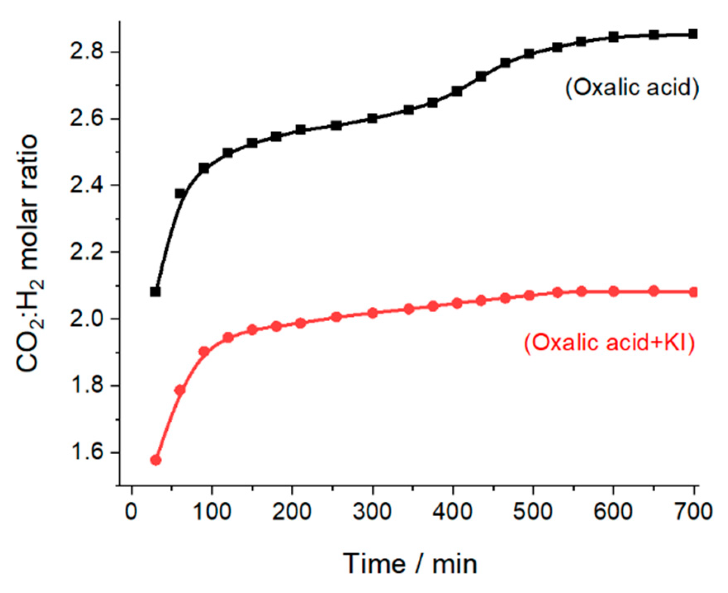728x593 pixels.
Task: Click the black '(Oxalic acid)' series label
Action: [632, 88]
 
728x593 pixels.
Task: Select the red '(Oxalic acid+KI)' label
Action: [609, 343]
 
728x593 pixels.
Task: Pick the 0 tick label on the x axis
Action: [131, 512]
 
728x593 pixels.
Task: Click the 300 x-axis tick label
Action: [372, 512]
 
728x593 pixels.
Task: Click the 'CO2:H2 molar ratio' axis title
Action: [28, 253]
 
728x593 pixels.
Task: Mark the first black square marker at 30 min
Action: [155, 292]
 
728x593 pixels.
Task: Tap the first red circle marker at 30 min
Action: [156, 460]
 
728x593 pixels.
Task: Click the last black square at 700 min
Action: [693, 34]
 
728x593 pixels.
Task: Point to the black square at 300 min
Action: [372, 119]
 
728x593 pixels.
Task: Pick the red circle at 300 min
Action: [372, 313]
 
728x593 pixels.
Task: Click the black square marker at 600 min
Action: [614, 37]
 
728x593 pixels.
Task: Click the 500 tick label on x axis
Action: [533, 512]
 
